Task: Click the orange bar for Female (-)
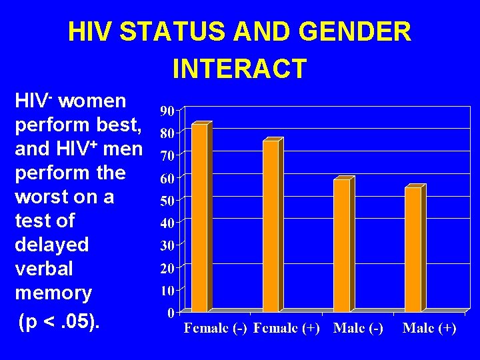[199, 218]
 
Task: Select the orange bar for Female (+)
[271, 226]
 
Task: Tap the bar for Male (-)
[341, 245]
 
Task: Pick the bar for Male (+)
[413, 249]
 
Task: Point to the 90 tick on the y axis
[167, 110]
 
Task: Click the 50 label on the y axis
[167, 201]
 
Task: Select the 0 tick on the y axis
[171, 313]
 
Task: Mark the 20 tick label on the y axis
[167, 268]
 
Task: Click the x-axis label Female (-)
[215, 329]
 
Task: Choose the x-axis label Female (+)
[287, 329]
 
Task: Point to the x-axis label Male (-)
[358, 329]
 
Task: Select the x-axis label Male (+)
[429, 329]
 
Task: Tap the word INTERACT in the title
[239, 68]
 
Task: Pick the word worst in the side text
[44, 197]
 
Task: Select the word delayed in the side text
[52, 245]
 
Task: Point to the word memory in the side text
[53, 293]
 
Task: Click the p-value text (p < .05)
[60, 323]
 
